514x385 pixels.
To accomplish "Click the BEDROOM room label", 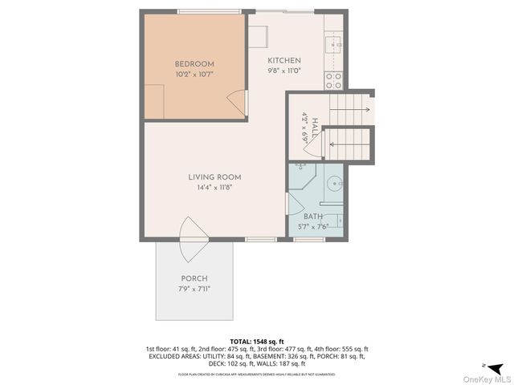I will pyautogui.click(x=194, y=64).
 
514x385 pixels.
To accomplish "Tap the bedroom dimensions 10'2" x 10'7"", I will pyautogui.click(x=194, y=75).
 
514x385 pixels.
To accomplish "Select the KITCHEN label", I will pyautogui.click(x=284, y=61).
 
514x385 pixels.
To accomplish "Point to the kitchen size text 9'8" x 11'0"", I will pyautogui.click(x=284, y=71).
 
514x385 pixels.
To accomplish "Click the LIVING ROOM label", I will pyautogui.click(x=214, y=177).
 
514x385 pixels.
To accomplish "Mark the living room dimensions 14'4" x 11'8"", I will pyautogui.click(x=214, y=188).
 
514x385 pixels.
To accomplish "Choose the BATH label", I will pyautogui.click(x=313, y=217).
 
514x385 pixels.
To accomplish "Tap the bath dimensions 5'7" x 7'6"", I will pyautogui.click(x=313, y=226).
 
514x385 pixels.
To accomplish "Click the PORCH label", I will pyautogui.click(x=194, y=278).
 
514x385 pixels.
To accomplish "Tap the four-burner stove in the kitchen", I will pyautogui.click(x=332, y=80).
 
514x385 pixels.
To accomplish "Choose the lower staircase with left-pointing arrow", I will pyautogui.click(x=350, y=145).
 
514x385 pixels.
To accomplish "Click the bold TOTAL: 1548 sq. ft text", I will pyautogui.click(x=256, y=342).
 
